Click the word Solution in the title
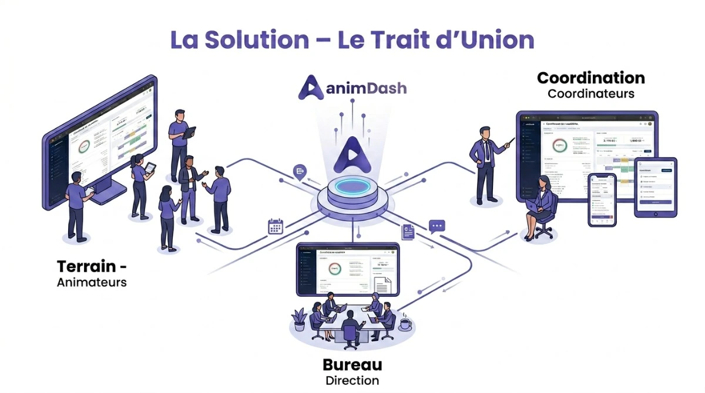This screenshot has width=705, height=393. [258, 40]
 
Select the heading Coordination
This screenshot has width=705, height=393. [590, 78]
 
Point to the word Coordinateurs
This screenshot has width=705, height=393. [590, 93]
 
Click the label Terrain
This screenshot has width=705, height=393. [86, 266]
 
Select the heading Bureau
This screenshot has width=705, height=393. [352, 365]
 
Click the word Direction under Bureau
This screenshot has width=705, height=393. [352, 380]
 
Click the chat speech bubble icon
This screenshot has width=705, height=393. [437, 226]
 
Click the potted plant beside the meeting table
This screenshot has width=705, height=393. [300, 319]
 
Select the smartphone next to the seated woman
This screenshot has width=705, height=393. [602, 199]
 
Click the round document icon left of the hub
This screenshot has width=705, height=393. [300, 171]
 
